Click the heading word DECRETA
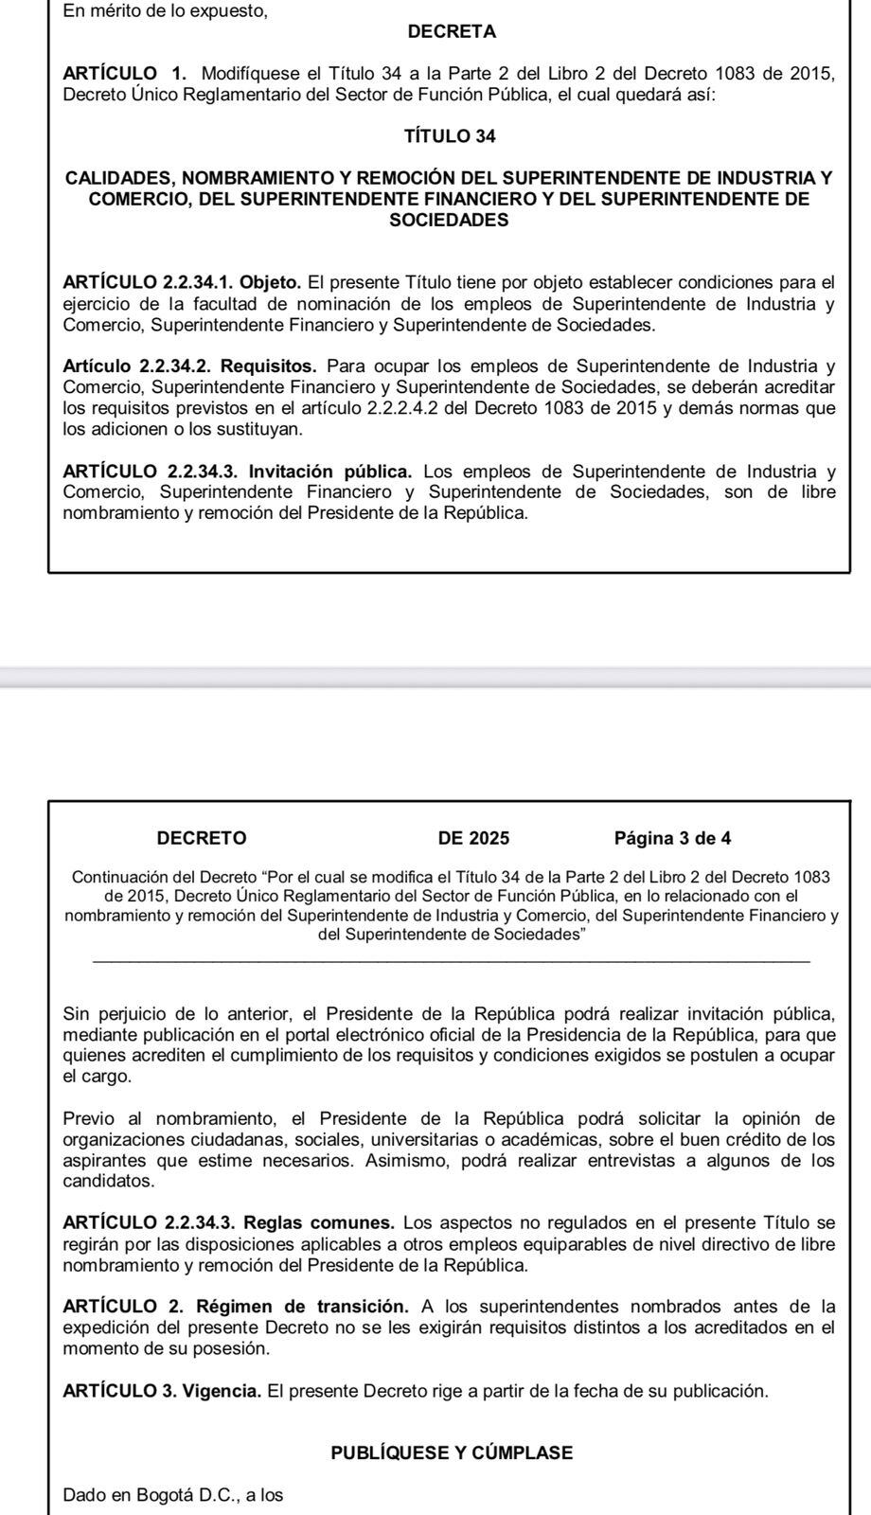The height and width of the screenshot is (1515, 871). tap(452, 32)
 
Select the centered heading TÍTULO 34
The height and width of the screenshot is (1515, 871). tap(450, 136)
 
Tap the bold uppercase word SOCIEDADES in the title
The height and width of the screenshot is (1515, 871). tap(449, 221)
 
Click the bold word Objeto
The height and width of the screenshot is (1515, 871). tap(271, 282)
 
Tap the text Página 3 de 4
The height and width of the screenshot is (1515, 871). tap(672, 838)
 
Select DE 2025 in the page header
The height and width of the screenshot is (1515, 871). tap(473, 838)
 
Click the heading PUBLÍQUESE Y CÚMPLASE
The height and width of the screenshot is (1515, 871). tap(452, 1453)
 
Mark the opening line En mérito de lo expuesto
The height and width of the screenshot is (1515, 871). tap(165, 12)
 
